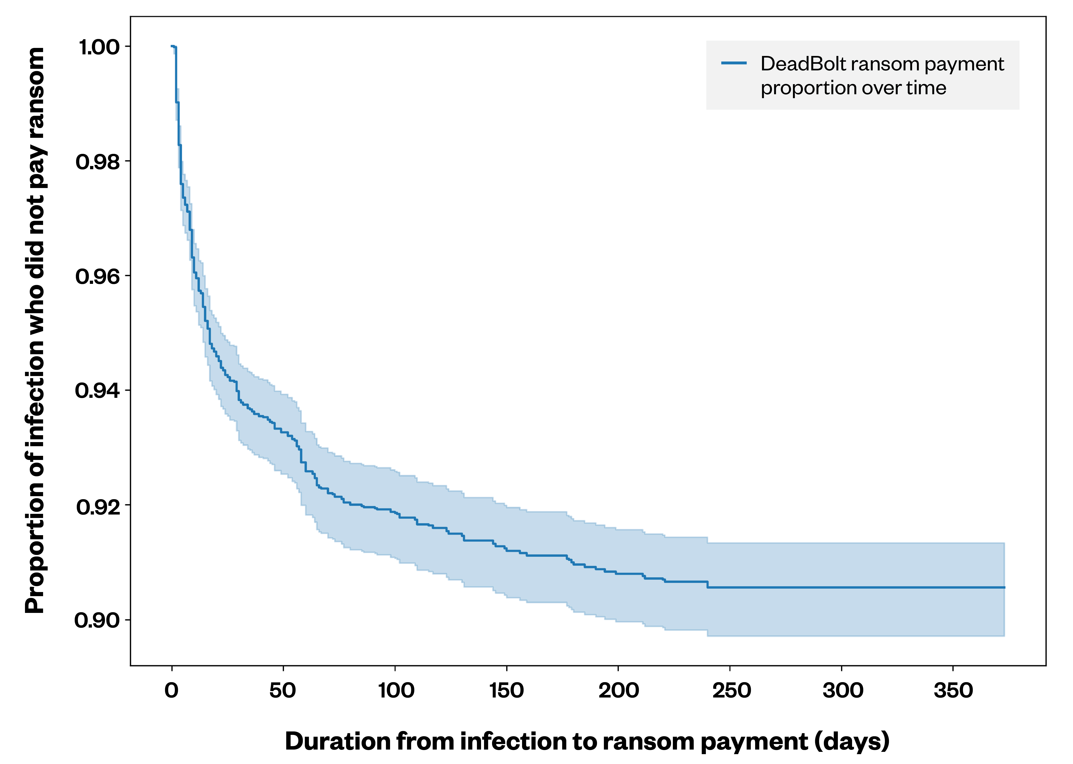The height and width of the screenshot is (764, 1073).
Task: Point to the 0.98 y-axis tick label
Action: pos(98,162)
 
